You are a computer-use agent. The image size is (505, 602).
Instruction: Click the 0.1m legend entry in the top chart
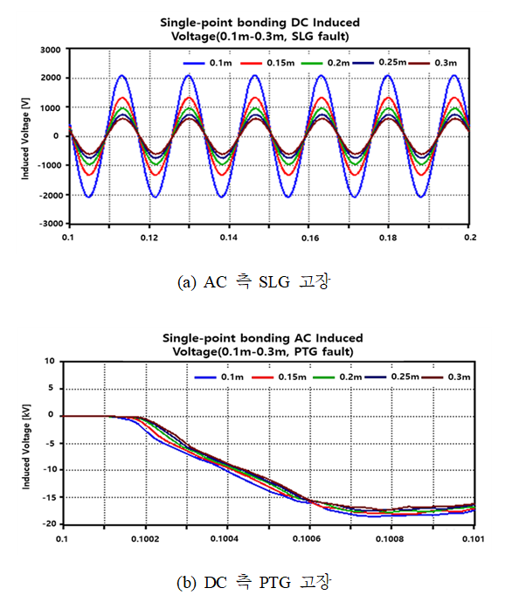[x=207, y=63]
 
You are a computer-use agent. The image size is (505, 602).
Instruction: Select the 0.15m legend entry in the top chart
[x=267, y=63]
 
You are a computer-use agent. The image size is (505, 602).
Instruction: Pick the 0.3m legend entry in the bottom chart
[x=446, y=377]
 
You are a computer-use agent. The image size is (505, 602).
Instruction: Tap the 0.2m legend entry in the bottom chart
[x=337, y=377]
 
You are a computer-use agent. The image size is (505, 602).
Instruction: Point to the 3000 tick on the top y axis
[x=51, y=50]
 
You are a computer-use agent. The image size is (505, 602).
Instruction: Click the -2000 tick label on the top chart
[x=50, y=195]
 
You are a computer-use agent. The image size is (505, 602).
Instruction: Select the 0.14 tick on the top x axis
[x=229, y=238]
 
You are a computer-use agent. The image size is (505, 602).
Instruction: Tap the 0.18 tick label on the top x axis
[x=388, y=238]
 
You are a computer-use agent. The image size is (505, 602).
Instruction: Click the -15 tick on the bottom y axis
[x=50, y=497]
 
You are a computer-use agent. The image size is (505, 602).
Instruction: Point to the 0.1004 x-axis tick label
[x=225, y=538]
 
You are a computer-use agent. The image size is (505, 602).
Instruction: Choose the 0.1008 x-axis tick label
[x=391, y=538]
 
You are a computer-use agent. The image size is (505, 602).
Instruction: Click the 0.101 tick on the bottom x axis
[x=474, y=538]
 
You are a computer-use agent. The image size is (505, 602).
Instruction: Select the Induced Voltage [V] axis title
[x=25, y=139]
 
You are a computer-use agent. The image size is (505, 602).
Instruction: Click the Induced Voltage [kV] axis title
[x=25, y=446]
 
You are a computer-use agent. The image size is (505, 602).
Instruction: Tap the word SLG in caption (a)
[x=274, y=282]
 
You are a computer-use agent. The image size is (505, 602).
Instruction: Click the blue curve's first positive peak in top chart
[x=121, y=75]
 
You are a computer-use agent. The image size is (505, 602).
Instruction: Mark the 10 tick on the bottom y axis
[x=50, y=361]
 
